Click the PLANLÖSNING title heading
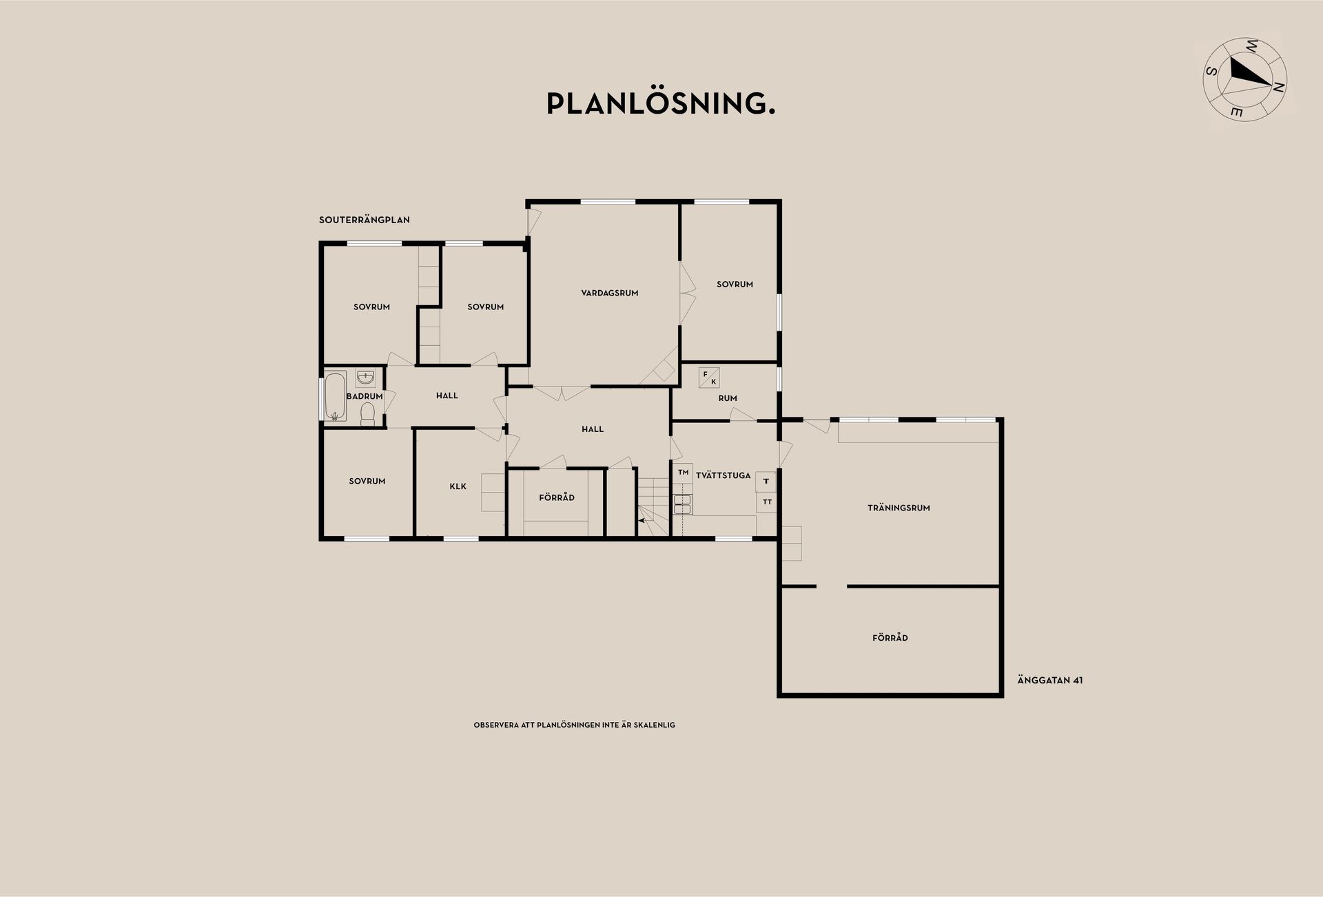[660, 104]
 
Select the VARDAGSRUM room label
[610, 293]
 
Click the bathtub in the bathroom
[336, 396]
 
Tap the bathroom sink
[365, 378]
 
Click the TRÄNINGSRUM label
[899, 508]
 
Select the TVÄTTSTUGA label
[723, 475]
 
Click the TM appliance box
[683, 473]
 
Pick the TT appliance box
[767, 502]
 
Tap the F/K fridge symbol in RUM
[709, 378]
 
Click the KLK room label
[458, 486]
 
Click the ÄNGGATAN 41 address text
[1050, 680]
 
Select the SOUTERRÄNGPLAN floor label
[365, 220]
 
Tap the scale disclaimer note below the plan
[574, 725]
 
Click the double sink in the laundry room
[683, 504]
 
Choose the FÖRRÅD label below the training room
[890, 638]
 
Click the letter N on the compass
[1278, 87]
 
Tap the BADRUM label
[365, 396]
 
